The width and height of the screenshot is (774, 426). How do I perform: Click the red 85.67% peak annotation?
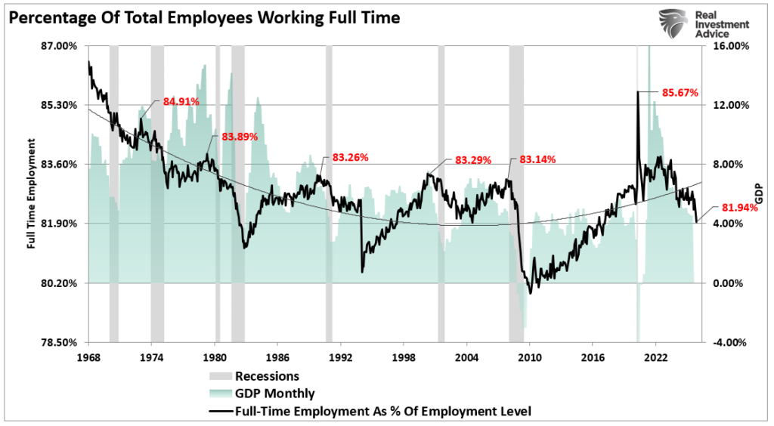(x=680, y=93)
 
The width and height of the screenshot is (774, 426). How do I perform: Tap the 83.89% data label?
(x=240, y=137)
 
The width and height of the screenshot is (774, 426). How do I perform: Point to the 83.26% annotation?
(x=350, y=158)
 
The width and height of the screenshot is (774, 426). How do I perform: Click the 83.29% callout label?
(x=473, y=160)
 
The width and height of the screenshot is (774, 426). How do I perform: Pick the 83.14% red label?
(x=537, y=159)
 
